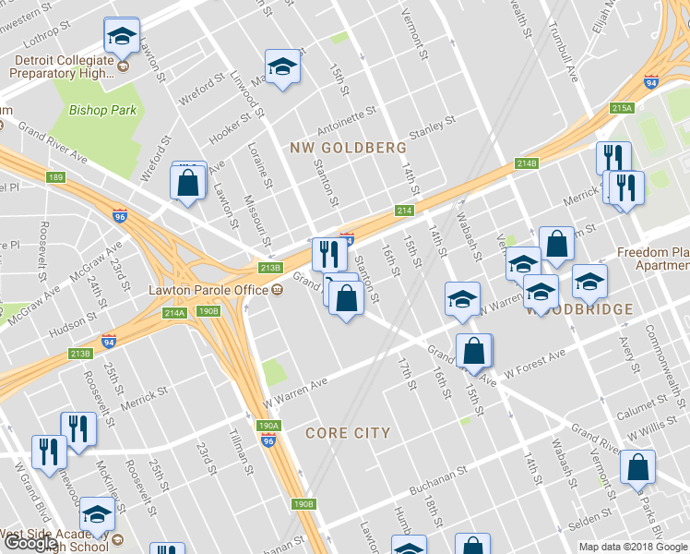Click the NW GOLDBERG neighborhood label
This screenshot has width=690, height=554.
coord(348,148)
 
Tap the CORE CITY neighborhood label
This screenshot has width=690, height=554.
coord(347,433)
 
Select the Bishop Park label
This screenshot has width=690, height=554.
coord(102,110)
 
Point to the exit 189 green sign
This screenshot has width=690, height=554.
coord(56,176)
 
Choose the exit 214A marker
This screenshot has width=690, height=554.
coord(175,313)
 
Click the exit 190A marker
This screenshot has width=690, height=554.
coord(268,426)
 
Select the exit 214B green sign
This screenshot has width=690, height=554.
coord(526,163)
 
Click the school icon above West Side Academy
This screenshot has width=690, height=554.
coord(96,514)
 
